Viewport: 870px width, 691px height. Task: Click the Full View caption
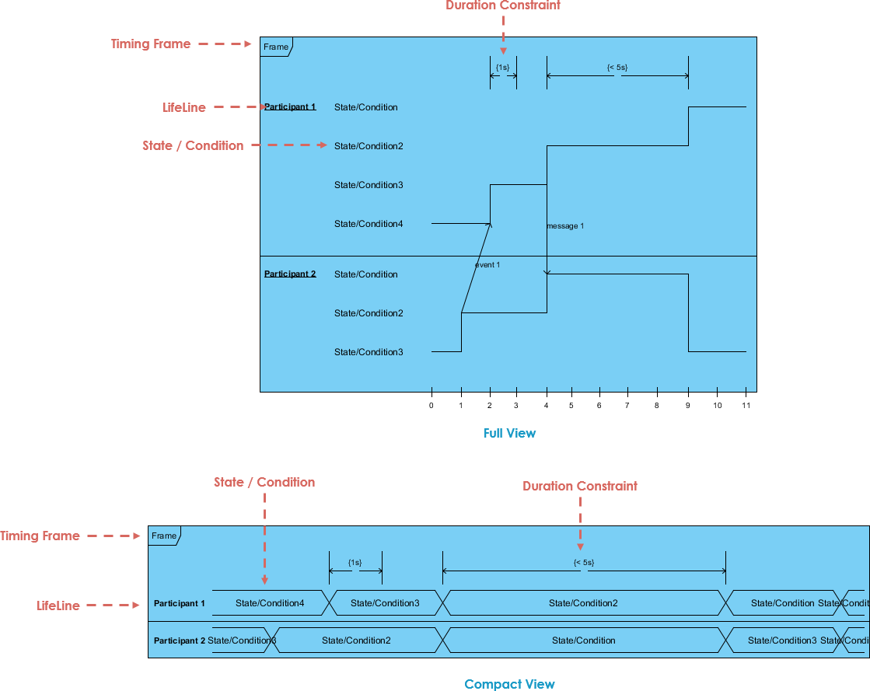tap(509, 433)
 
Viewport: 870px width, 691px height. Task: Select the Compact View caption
tap(509, 684)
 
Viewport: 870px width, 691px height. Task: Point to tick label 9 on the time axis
tap(688, 406)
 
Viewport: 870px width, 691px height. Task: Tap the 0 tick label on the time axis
tap(432, 406)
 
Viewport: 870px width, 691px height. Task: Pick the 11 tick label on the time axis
tap(746, 406)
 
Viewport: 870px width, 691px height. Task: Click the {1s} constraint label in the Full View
tap(502, 68)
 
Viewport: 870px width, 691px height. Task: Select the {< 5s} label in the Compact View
tap(583, 562)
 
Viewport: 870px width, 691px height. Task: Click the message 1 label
tap(565, 226)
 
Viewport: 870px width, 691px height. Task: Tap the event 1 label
tap(487, 265)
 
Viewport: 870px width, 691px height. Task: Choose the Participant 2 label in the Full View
tap(290, 274)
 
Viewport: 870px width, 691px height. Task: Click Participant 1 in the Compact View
tap(180, 603)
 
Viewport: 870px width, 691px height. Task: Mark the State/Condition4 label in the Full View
tap(369, 224)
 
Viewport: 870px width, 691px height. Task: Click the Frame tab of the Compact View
tap(164, 536)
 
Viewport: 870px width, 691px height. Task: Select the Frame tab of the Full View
tap(276, 47)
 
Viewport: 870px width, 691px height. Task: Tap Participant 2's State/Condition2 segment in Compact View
tap(356, 640)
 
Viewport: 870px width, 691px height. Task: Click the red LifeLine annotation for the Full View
tap(184, 107)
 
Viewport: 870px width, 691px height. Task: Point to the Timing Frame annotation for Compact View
tap(40, 536)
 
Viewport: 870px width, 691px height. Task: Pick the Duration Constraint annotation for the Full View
tap(503, 5)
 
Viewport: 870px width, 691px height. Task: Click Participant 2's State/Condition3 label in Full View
tap(369, 352)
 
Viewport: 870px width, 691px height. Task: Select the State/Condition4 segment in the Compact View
tap(270, 603)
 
